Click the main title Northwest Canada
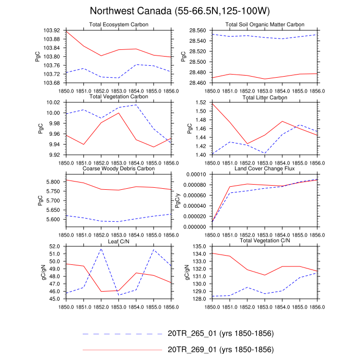click(x=180, y=11)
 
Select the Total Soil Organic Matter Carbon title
click(x=264, y=25)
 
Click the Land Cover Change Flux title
click(x=264, y=168)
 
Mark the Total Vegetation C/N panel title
click(x=264, y=240)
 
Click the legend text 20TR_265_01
click(x=221, y=334)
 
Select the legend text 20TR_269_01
click(x=221, y=350)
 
